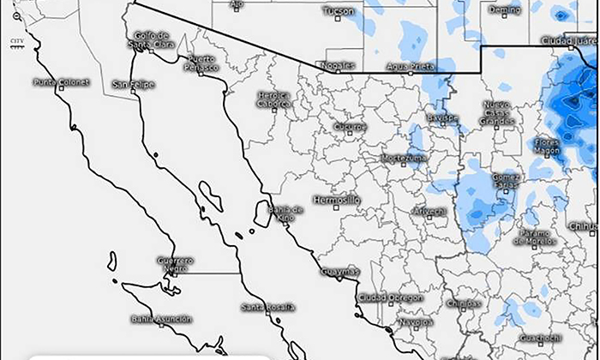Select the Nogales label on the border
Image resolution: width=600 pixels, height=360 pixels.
pos(335,65)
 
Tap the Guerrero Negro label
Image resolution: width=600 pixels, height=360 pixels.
pos(176,264)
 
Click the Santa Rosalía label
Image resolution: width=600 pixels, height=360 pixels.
pos(267,307)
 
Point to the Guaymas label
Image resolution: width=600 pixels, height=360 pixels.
pos(339,272)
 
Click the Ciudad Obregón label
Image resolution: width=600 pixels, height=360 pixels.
pos(389,297)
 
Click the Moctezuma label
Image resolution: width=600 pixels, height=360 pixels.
pos(403,159)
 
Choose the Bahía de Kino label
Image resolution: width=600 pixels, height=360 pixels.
pos(286,213)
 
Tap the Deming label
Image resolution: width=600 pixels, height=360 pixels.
pos(503,9)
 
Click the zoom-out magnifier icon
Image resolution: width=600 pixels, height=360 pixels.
pos(16,17)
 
